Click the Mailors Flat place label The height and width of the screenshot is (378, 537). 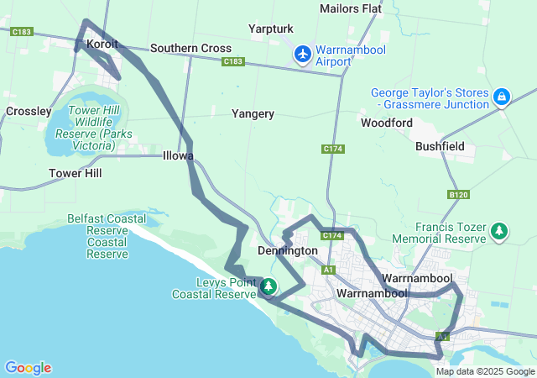[x=350, y=8]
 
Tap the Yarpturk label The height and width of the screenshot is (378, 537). [x=271, y=29]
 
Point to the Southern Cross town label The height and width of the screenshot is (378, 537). [x=190, y=48]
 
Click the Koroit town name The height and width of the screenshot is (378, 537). [x=102, y=43]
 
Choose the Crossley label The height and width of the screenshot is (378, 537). [x=29, y=111]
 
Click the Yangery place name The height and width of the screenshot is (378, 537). [x=253, y=113]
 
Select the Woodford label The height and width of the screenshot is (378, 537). [x=387, y=123]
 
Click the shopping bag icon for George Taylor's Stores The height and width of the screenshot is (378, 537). [x=501, y=97]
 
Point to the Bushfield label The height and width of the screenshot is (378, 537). [x=441, y=145]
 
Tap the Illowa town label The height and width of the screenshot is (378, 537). [x=178, y=155]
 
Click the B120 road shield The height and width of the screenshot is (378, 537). [x=458, y=194]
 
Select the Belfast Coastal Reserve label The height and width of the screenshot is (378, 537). [x=107, y=236]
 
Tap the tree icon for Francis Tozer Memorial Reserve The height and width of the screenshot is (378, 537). [x=499, y=229]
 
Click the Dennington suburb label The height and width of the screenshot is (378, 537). [x=288, y=250]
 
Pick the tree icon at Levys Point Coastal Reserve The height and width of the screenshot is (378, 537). [x=268, y=286]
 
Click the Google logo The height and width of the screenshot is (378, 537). [x=28, y=367]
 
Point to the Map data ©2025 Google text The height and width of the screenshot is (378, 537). [x=485, y=371]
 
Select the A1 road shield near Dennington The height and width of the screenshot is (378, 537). [x=329, y=270]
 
